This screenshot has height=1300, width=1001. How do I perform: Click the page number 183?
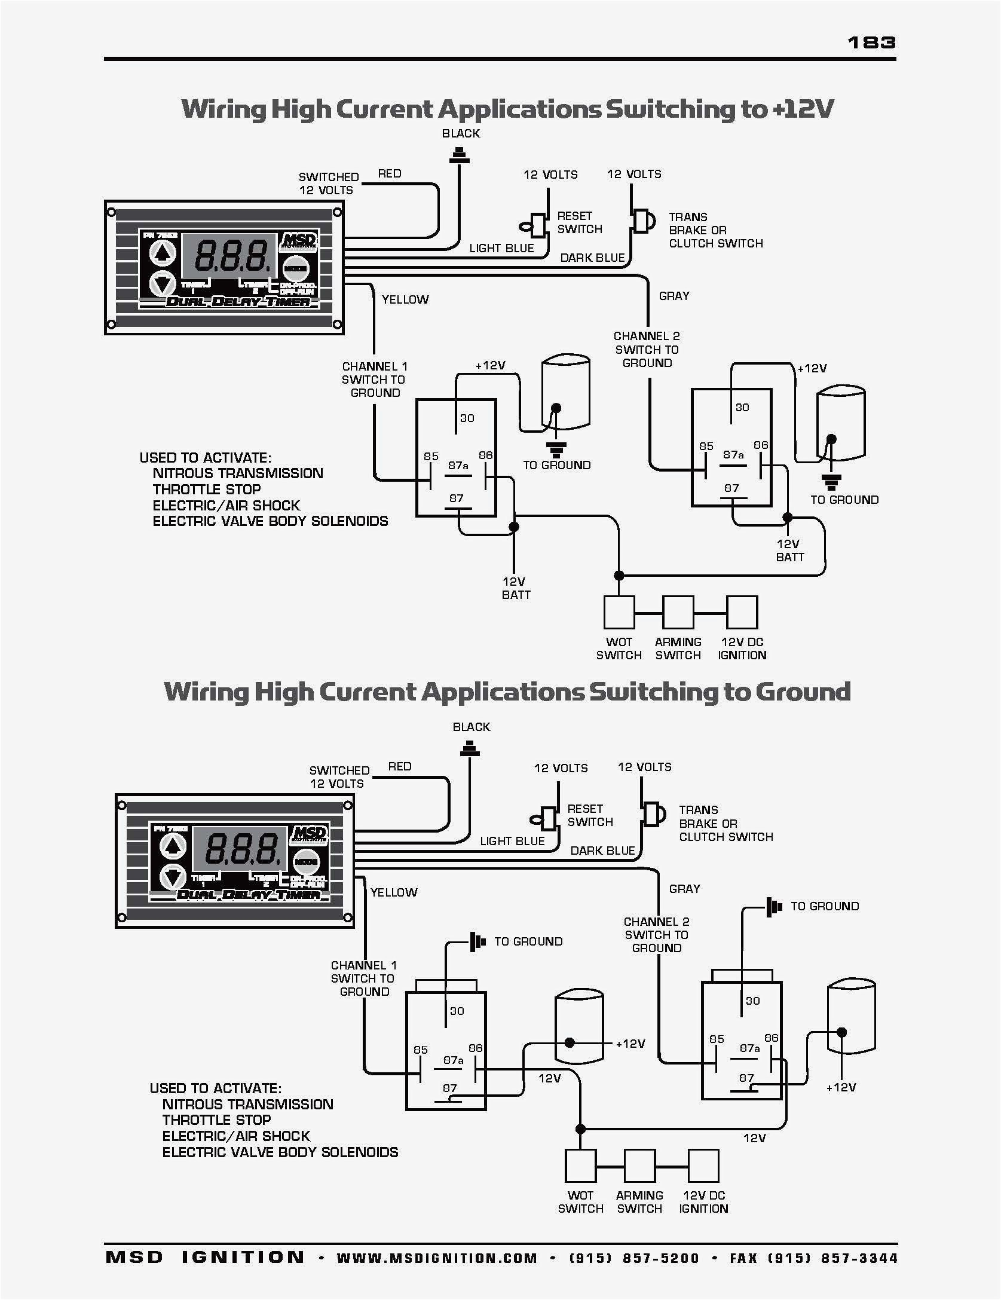pos(871,42)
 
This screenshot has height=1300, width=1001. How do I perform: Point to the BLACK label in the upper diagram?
pos(461,133)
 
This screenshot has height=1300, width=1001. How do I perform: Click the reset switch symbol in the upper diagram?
pos(535,226)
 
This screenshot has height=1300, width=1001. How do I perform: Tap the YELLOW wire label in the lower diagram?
pos(394,892)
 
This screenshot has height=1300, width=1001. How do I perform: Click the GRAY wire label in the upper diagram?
pos(674,296)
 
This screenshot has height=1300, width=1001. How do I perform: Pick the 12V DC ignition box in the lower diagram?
pos(703,1166)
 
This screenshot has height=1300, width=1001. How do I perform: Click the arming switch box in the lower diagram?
pos(639,1166)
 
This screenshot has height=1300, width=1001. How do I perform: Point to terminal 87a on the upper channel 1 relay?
pos(458,466)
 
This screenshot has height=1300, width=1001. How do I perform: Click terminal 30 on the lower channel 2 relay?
pos(752,1001)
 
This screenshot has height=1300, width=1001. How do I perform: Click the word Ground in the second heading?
pos(802,692)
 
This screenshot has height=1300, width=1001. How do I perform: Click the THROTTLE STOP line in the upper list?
pos(207,489)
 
